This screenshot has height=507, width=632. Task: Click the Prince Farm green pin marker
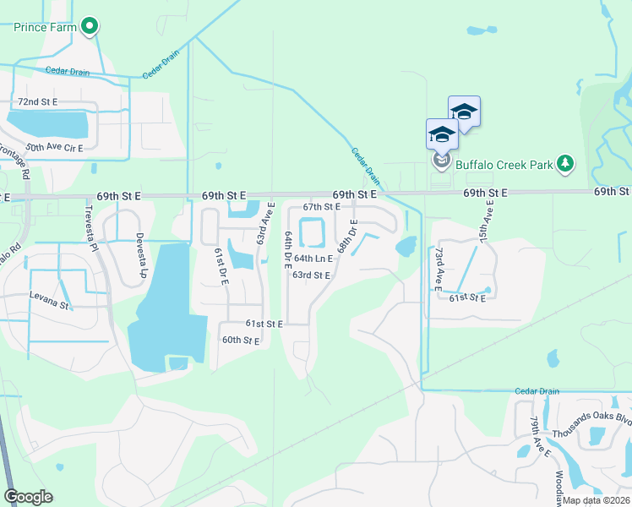tap(90, 26)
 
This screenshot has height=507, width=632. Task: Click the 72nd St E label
tap(38, 101)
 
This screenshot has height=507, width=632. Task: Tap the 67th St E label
tap(321, 206)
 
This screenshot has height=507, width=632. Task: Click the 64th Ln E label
tap(313, 259)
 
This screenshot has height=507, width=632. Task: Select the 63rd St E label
tap(311, 275)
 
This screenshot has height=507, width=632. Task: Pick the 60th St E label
tap(240, 340)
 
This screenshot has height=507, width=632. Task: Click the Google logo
tap(29, 497)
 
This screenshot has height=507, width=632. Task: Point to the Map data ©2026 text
tap(597, 500)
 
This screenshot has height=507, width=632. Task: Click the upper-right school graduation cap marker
tap(464, 111)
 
